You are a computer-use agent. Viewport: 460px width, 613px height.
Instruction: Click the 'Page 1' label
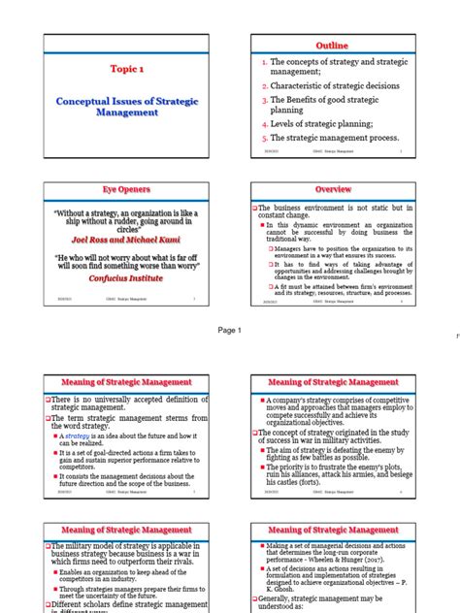(230, 330)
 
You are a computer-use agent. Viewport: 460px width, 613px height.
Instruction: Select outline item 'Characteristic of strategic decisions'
(335, 85)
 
